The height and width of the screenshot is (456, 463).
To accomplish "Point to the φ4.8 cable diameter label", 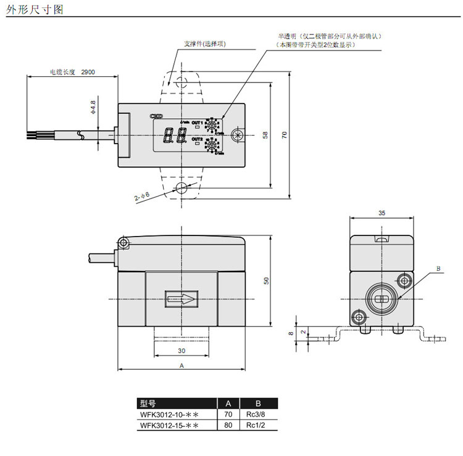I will [93, 107].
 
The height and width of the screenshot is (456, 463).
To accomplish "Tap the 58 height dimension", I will [265, 135].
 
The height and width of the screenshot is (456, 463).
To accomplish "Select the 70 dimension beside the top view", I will [285, 135].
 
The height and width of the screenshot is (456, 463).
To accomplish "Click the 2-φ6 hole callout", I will [142, 197].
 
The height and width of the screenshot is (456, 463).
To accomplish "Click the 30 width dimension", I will [181, 350].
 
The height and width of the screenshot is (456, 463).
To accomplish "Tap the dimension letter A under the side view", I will [181, 365].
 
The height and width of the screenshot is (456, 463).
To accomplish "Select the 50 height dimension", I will [266, 280].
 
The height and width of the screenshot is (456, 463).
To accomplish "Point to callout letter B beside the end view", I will [438, 269].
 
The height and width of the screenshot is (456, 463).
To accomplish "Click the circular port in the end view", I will [380, 299].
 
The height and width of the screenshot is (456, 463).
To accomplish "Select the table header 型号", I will [148, 404].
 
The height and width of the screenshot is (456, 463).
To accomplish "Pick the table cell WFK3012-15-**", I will [169, 426].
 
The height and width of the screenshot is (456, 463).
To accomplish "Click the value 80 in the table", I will [228, 426].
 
